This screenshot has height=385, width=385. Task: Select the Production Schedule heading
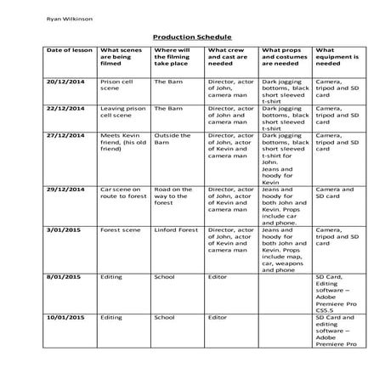click(x=191, y=37)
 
